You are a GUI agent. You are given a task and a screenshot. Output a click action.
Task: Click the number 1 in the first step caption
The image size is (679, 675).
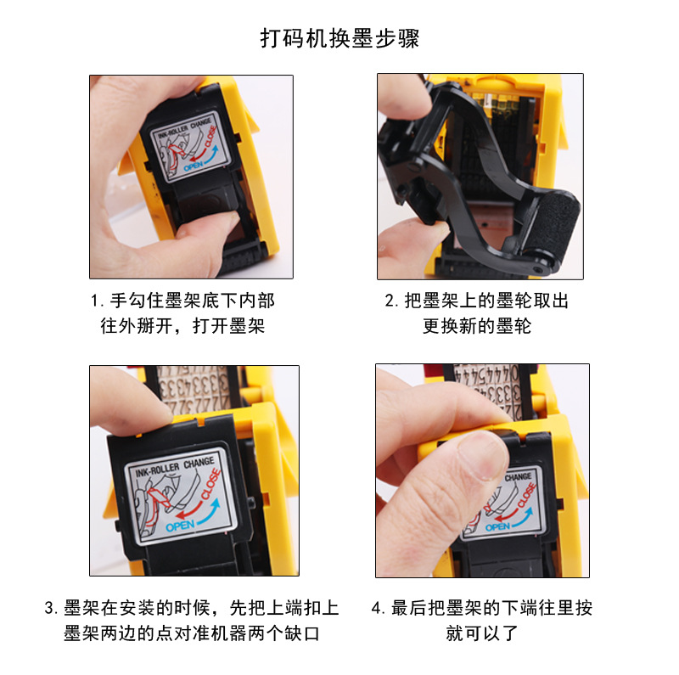(x=95, y=302)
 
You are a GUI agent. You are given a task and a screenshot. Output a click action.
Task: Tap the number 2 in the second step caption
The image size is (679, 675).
(x=390, y=302)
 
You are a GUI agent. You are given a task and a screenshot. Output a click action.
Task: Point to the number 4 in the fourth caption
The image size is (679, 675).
(x=377, y=609)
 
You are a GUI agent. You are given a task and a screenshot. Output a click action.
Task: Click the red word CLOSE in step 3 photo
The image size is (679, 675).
(x=208, y=486)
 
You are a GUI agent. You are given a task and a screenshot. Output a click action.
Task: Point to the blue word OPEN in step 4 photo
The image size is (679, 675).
(x=497, y=527)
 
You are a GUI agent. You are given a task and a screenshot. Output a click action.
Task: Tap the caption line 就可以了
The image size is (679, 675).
(x=481, y=633)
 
